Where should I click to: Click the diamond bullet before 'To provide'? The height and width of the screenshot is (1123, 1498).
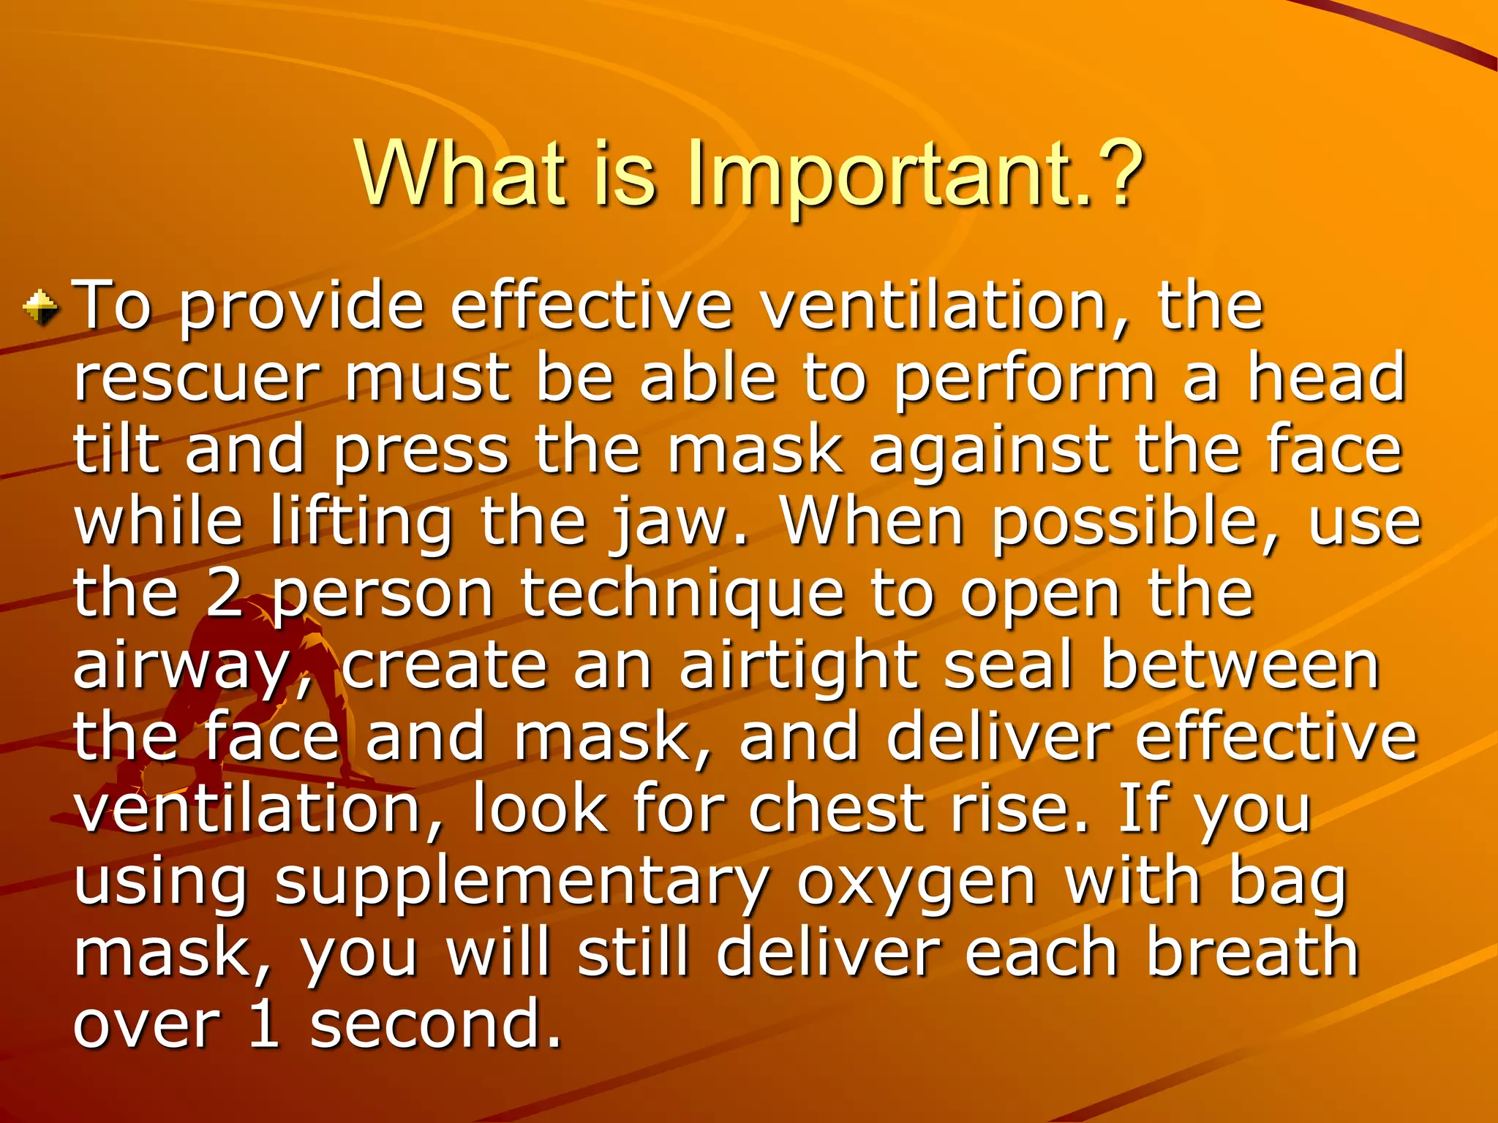[42, 307]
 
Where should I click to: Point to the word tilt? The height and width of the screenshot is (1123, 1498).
[116, 449]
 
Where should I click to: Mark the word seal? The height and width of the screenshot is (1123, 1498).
[1009, 665]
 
